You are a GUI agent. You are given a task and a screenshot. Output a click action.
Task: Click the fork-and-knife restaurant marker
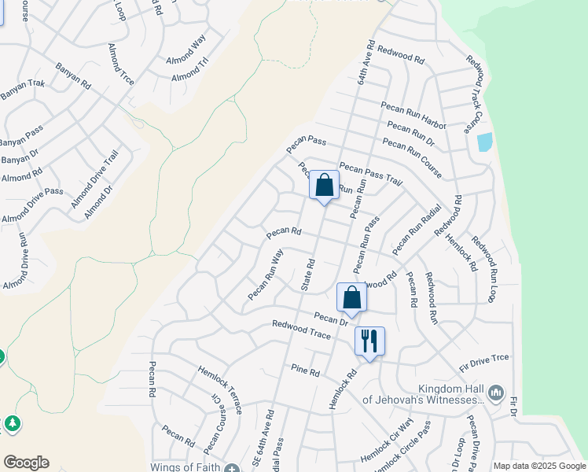point(369,341)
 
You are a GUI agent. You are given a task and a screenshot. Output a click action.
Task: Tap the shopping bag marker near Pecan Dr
point(351,298)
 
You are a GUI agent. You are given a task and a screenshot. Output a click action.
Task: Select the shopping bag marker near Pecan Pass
point(324,186)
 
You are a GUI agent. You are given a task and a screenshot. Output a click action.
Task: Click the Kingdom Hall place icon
point(495,392)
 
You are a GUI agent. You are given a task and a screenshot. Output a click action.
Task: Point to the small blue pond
point(484,142)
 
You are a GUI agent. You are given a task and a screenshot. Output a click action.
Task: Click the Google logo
point(26,463)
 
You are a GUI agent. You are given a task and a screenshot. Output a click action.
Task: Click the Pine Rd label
point(305,370)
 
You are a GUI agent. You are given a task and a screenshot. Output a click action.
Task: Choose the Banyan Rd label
point(72,76)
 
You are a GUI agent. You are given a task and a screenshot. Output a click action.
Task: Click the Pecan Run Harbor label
point(413,115)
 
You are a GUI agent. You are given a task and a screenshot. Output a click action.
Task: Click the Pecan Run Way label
point(266,275)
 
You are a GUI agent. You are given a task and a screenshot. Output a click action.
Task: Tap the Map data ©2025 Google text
point(538,466)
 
